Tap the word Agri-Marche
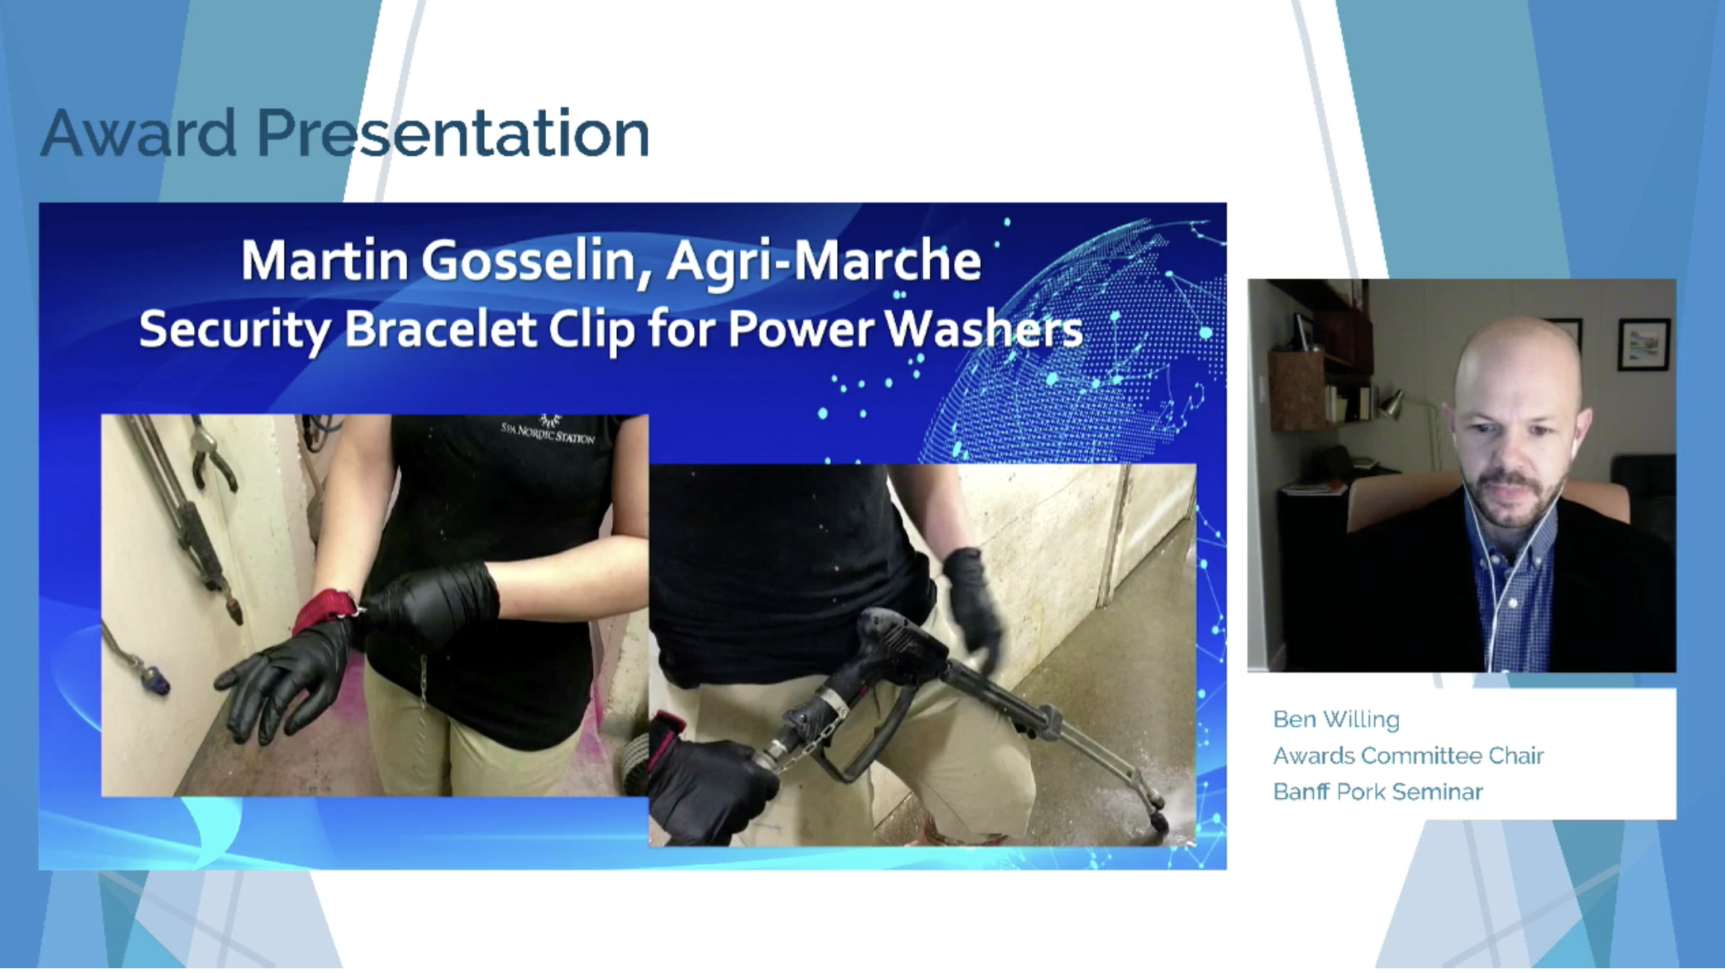tap(824, 262)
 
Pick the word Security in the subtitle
tap(235, 330)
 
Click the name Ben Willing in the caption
tap(1336, 719)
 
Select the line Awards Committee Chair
tap(1409, 756)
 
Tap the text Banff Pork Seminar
tap(1378, 793)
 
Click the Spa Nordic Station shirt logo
tap(548, 430)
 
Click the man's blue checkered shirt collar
tap(1514, 541)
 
